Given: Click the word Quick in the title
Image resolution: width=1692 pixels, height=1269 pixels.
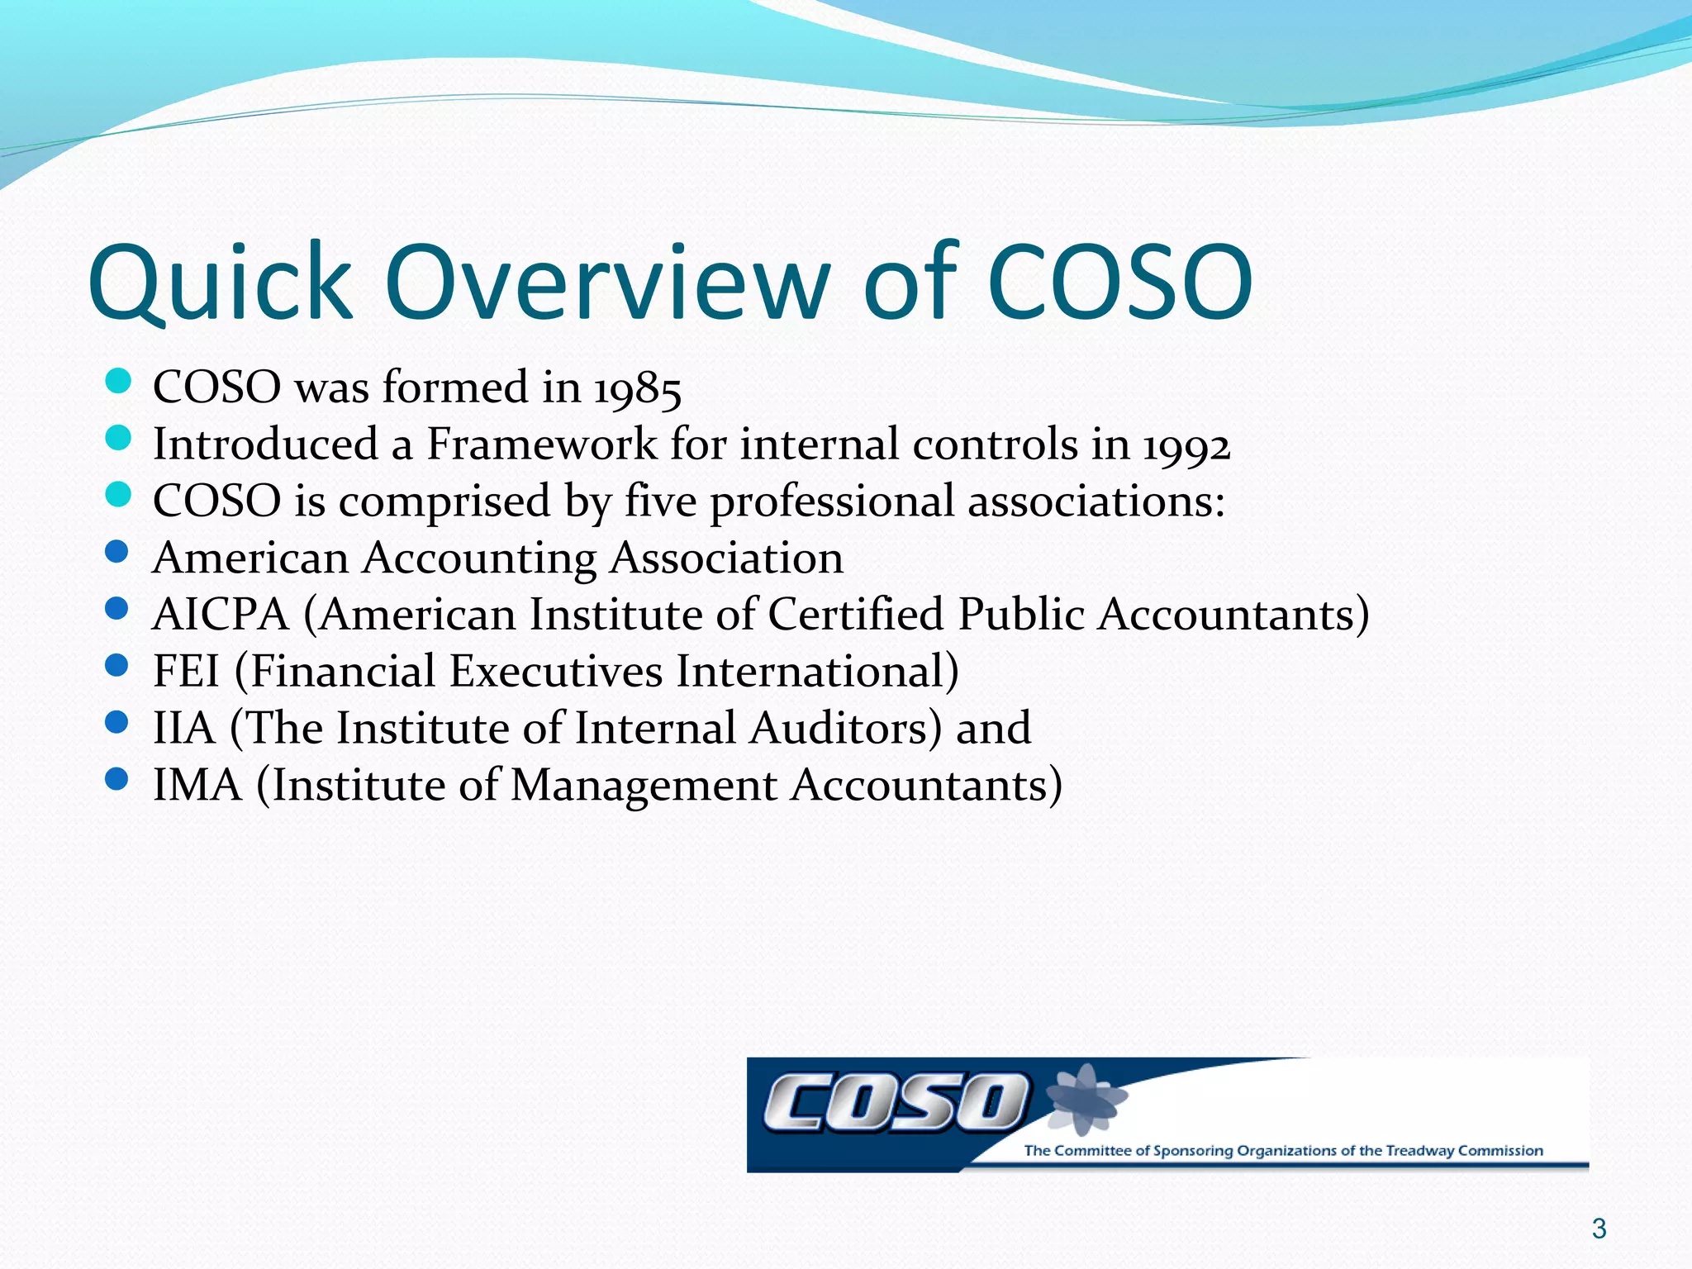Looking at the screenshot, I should tap(221, 283).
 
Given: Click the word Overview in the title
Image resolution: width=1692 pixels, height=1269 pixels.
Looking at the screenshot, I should tap(607, 283).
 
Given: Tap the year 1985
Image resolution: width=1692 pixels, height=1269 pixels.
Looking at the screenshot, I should tap(638, 388).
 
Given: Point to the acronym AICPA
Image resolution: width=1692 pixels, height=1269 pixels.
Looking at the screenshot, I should tap(221, 615).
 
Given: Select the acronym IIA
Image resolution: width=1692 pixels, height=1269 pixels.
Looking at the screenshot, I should tap(183, 729).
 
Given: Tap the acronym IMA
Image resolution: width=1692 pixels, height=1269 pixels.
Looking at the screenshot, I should tap(197, 785).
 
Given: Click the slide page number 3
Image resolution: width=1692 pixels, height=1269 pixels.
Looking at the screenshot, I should tap(1599, 1229).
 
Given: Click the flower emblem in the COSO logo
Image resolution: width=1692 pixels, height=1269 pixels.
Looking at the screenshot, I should tap(1085, 1099).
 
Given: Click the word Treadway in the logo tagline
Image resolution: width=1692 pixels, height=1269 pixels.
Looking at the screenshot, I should tap(1419, 1151).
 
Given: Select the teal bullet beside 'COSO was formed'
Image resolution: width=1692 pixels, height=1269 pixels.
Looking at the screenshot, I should tap(119, 381).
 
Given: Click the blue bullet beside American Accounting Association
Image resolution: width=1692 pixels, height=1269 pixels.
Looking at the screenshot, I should tap(117, 552).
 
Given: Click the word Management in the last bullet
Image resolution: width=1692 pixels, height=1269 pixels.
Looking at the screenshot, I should tap(644, 785).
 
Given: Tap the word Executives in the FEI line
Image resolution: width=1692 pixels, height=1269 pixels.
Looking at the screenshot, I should tap(556, 672).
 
